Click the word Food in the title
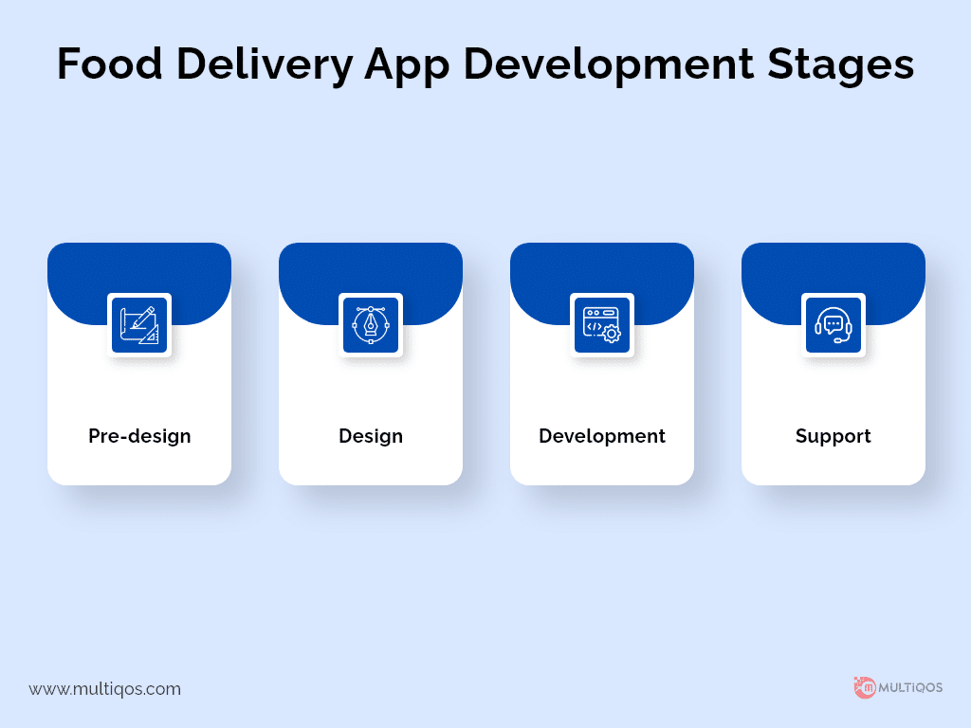coord(110,64)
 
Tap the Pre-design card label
coord(139,436)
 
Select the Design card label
coord(371,436)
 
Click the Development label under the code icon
coord(602,436)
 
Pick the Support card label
coord(833,436)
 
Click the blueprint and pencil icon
coord(139,325)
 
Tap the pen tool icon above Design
coord(371,325)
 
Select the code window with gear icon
coord(602,325)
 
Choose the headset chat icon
coord(833,325)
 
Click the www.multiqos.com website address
coord(104,689)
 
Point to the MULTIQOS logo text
coord(910,688)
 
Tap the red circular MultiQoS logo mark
coord(865,688)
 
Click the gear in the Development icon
coord(612,335)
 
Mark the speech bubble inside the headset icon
coord(834,325)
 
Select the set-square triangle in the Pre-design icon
coord(149,335)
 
